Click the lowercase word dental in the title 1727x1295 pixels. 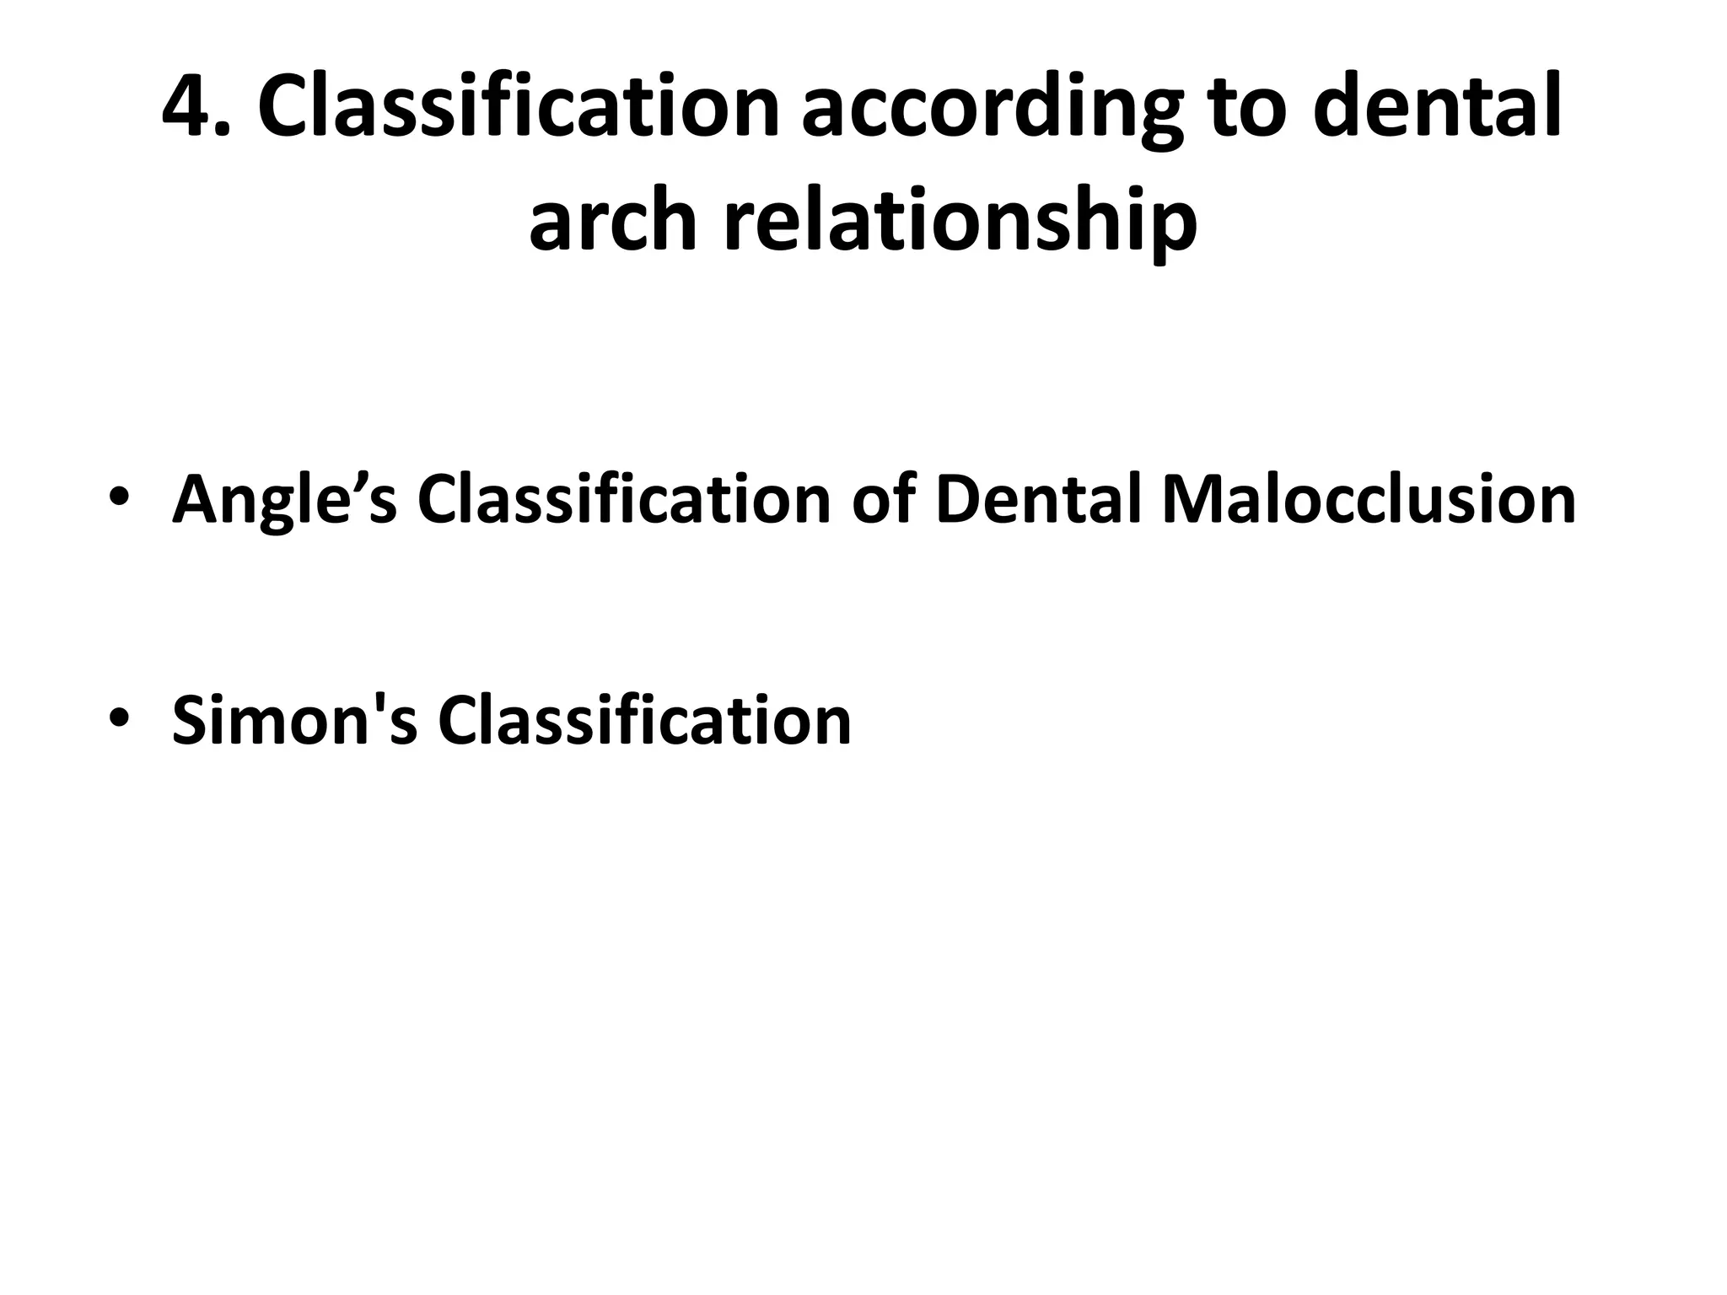tap(1438, 108)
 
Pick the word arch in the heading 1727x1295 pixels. tap(613, 221)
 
